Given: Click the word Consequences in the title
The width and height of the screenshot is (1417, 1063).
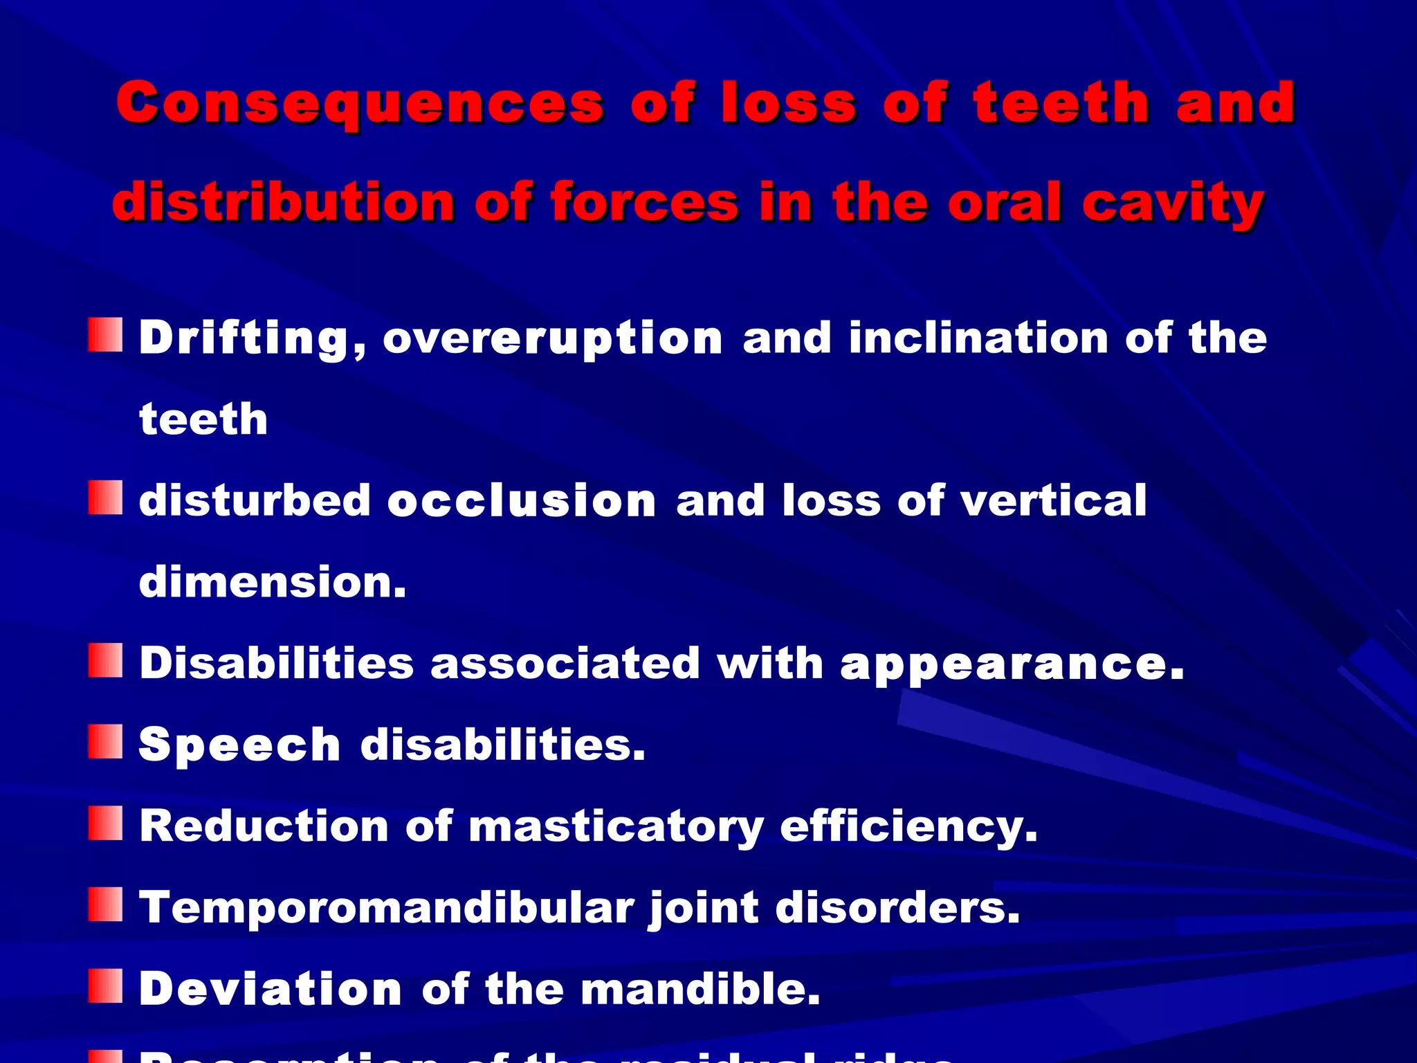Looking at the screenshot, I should click(360, 104).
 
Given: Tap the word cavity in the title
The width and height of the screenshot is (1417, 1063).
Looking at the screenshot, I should click(1173, 203).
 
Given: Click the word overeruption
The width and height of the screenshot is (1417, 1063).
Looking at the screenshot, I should click(552, 339).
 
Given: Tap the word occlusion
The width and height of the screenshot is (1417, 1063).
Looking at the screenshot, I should click(522, 500).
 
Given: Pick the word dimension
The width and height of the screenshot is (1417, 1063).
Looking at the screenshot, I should click(273, 582).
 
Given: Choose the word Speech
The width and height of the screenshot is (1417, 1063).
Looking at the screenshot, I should click(239, 745).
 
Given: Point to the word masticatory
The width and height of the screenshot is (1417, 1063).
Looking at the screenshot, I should click(616, 827).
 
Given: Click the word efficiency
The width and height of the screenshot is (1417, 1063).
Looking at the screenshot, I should click(908, 827).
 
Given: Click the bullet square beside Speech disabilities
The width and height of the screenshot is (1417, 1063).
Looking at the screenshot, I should click(105, 743).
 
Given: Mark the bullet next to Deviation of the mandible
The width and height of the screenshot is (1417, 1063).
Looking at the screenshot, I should click(105, 986).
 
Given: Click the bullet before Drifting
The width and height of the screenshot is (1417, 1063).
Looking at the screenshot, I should click(105, 336).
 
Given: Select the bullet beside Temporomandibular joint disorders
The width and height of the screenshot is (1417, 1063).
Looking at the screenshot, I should click(105, 905).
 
